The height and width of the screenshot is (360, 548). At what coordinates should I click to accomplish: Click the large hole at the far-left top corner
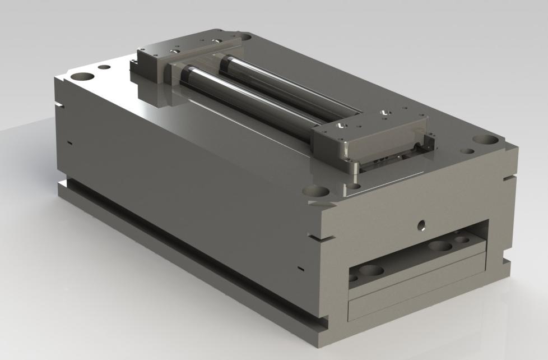(x=82, y=75)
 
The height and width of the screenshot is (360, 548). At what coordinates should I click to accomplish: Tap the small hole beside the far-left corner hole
(x=104, y=67)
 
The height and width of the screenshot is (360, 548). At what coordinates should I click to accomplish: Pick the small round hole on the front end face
(x=421, y=226)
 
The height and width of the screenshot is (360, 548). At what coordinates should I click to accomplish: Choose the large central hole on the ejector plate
(x=439, y=246)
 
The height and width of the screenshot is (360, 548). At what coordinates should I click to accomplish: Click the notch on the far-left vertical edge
(x=59, y=104)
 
